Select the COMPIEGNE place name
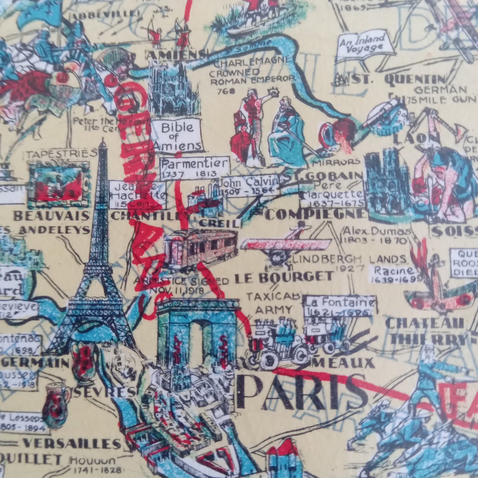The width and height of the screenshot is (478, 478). (x=316, y=214)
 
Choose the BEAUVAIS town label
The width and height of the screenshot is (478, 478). (x=51, y=216)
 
